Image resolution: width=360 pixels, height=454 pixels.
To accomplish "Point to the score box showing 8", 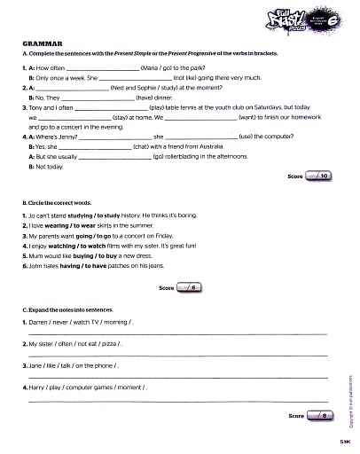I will (320, 415).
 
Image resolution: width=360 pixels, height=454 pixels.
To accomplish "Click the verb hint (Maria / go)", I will (158, 67).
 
